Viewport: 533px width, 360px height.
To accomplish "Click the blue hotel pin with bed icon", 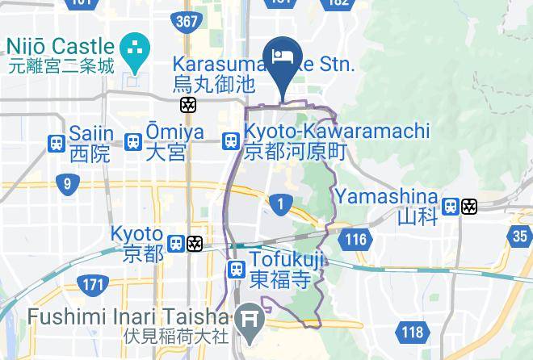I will coord(283,58).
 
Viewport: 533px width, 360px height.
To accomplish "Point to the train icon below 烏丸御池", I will coord(188,105).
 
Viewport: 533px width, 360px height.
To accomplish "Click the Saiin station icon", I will coord(57,143).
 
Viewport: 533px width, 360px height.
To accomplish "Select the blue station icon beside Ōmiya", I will coord(134,143).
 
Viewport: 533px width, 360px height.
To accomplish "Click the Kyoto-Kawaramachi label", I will coord(338,131).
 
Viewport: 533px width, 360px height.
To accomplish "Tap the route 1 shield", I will coord(280,203).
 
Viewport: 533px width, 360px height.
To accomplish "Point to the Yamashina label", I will coord(388,196).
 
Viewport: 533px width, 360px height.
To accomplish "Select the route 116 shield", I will coord(355,239).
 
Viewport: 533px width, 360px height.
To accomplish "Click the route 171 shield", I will coord(93,283).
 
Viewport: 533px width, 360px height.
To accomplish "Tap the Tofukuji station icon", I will coord(237,270).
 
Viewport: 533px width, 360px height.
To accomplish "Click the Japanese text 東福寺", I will coord(279,280).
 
